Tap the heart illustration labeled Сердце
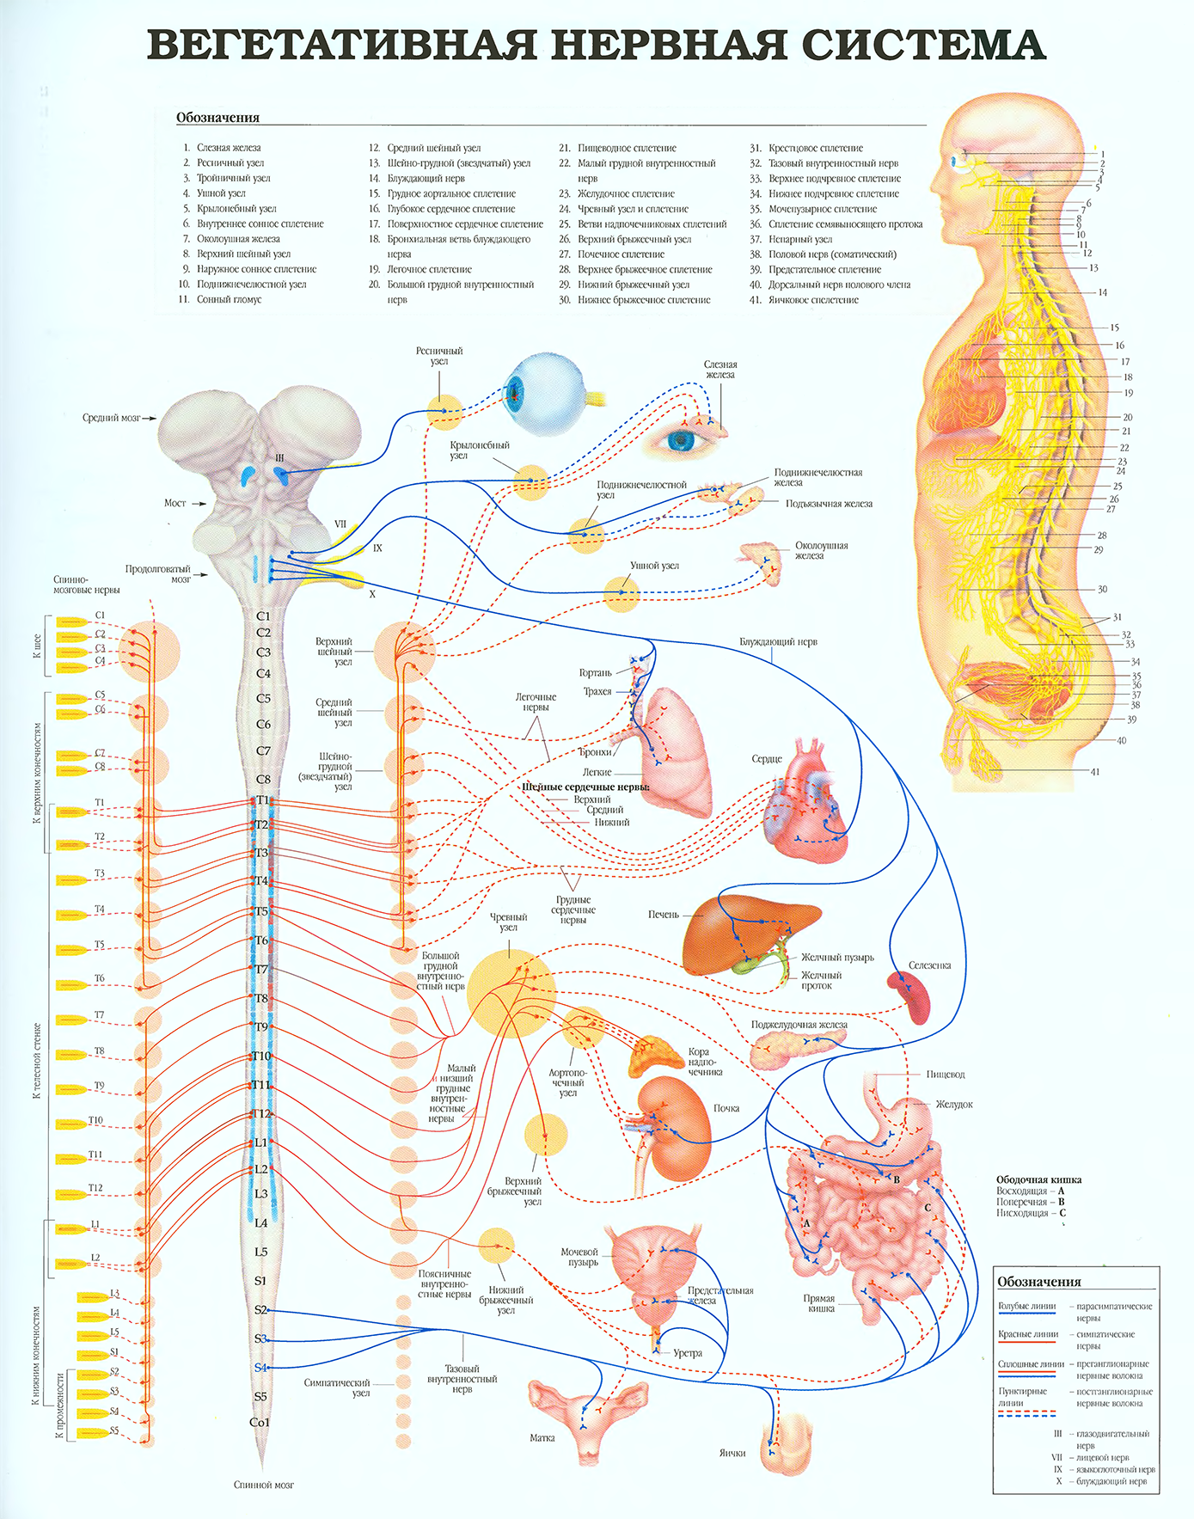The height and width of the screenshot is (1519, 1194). tap(807, 799)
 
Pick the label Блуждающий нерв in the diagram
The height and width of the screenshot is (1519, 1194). tap(778, 642)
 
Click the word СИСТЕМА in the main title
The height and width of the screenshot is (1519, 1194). tap(923, 45)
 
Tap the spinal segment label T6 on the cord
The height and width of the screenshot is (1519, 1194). tap(261, 940)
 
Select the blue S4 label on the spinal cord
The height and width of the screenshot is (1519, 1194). tap(260, 1368)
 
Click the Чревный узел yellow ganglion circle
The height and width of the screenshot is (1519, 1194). tap(512, 993)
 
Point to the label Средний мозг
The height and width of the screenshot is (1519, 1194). tap(112, 418)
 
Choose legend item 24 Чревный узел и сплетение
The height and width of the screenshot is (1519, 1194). tap(633, 209)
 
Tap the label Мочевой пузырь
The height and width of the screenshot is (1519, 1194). tap(579, 1257)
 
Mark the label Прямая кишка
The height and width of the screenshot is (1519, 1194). tap(819, 1303)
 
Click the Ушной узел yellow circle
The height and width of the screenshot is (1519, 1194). tap(621, 594)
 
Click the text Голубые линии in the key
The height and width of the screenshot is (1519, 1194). tap(1026, 1306)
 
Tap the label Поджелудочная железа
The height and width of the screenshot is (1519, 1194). tap(799, 1025)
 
